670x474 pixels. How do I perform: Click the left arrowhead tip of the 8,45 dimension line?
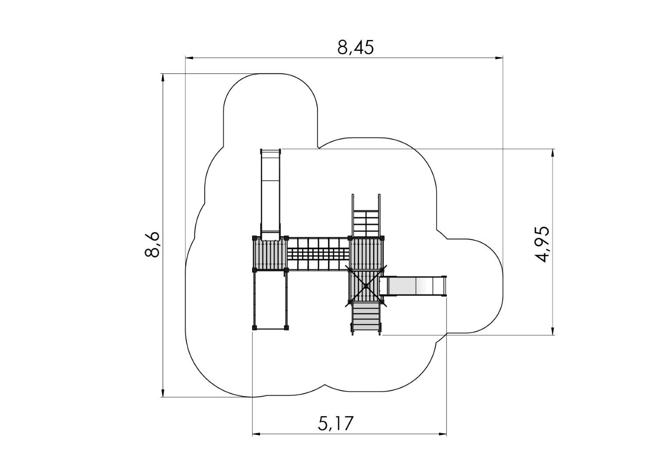click(185, 58)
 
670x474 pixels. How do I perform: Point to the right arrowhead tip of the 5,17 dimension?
click(446, 434)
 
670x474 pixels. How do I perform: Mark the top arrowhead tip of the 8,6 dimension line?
click(163, 74)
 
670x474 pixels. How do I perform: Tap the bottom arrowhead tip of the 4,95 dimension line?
click(552, 335)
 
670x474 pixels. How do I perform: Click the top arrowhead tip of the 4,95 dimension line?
click(552, 149)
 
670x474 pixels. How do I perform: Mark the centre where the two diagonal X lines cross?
click(366, 286)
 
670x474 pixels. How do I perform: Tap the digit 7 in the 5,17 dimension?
click(348, 423)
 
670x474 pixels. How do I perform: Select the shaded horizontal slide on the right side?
click(413, 286)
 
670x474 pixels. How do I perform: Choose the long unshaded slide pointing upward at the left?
click(271, 194)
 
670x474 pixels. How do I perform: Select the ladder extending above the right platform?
click(366, 215)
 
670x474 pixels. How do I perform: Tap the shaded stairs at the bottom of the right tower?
click(366, 318)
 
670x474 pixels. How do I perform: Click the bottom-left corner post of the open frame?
click(254, 327)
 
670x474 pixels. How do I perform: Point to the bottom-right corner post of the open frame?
click(286, 327)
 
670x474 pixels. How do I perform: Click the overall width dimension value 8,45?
click(356, 47)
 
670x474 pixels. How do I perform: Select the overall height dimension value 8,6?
click(152, 244)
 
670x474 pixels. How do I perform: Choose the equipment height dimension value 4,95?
click(542, 244)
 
